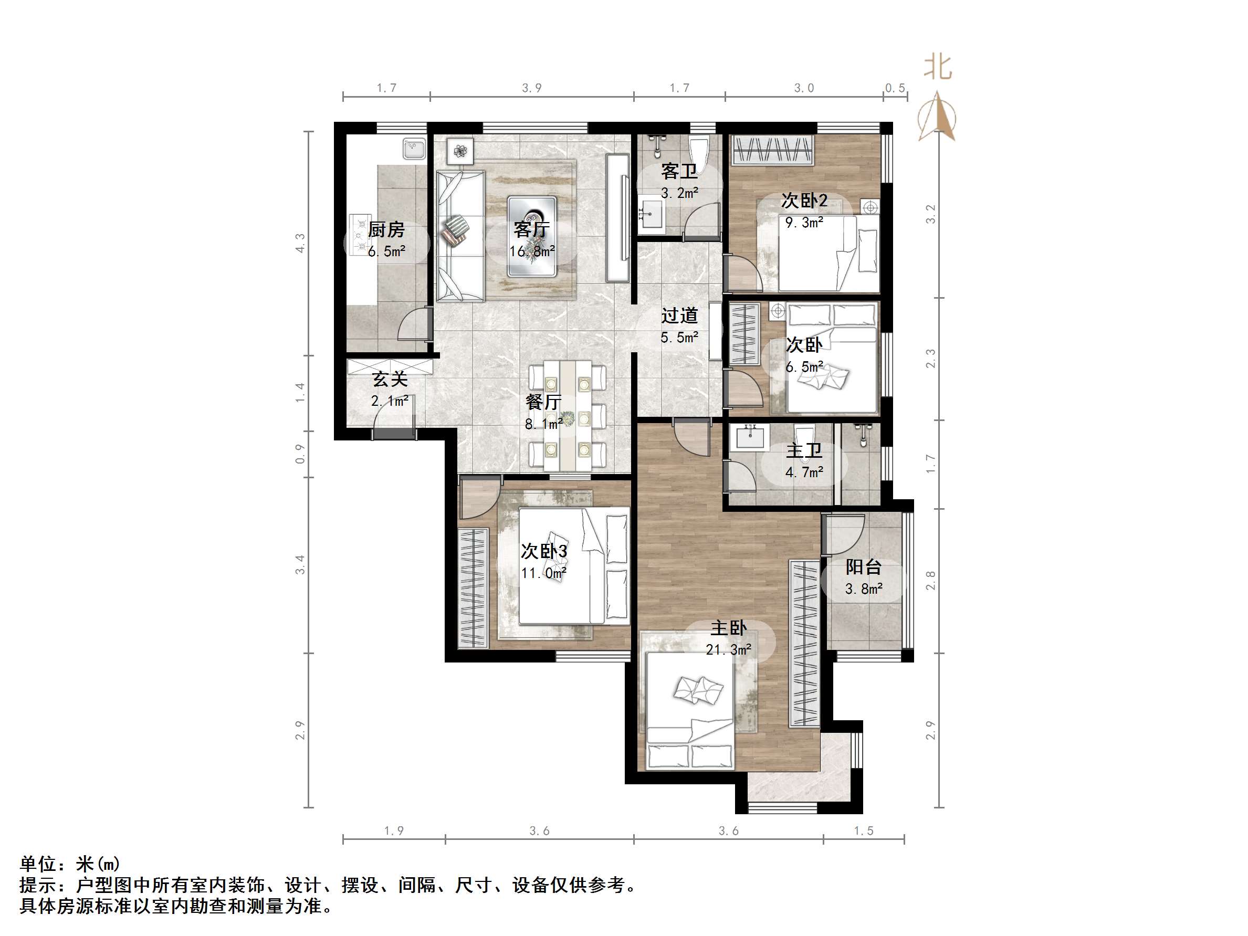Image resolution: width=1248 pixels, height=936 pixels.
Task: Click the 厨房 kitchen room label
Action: [x=386, y=229]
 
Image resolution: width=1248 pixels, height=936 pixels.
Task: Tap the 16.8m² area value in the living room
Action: [x=532, y=251]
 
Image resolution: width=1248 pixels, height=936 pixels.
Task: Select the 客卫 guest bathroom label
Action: [x=679, y=171]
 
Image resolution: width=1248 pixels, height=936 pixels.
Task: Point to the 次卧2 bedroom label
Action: [x=804, y=201]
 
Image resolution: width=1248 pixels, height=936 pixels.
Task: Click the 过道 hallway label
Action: [x=679, y=315]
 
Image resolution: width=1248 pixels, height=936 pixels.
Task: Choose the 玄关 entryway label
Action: [x=389, y=379]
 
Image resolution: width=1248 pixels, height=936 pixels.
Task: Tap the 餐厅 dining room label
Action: [x=543, y=402]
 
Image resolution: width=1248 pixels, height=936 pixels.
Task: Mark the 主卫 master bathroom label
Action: [x=804, y=450]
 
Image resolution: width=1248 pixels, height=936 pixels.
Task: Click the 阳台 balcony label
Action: [x=863, y=567]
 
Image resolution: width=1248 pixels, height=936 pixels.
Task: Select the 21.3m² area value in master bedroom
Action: [x=728, y=650]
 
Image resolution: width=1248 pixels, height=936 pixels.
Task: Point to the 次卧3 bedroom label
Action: [x=544, y=551]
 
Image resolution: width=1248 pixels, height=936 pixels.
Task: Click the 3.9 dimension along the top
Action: [x=531, y=88]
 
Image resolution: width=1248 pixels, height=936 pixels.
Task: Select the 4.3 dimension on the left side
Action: [x=300, y=243]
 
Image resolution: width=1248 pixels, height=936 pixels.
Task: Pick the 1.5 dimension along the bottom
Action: [x=863, y=830]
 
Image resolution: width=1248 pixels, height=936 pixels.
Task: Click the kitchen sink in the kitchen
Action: [x=415, y=149]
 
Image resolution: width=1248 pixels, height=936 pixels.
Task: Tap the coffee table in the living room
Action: [x=531, y=236]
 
